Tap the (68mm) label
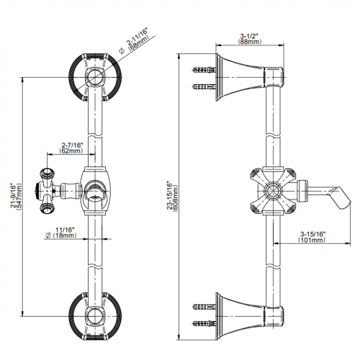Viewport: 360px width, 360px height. (139, 42)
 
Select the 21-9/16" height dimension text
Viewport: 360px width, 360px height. (13, 195)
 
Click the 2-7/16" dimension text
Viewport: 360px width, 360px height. (72, 145)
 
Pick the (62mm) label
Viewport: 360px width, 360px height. (71, 150)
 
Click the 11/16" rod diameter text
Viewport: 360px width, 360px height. (65, 230)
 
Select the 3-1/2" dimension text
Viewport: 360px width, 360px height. (249, 36)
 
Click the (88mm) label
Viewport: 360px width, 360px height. (250, 42)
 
